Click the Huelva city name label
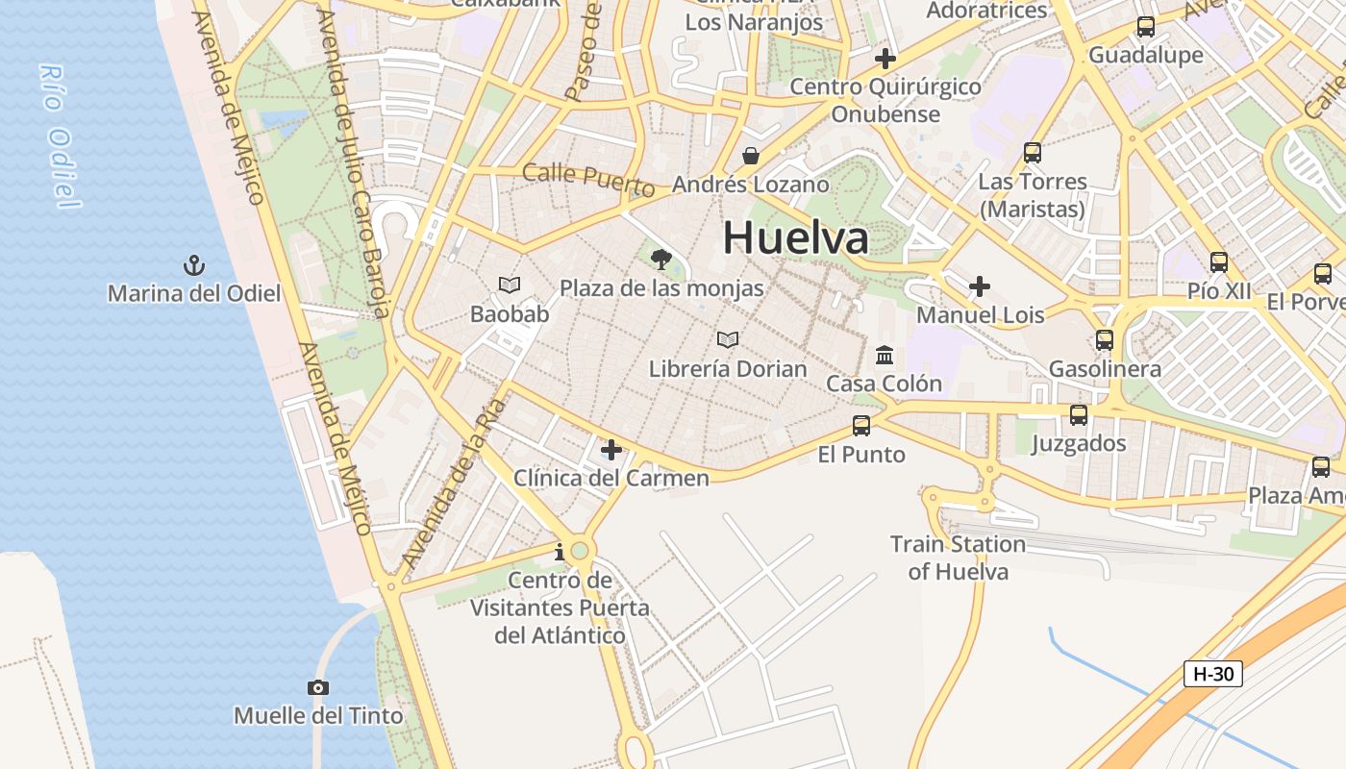point(796,237)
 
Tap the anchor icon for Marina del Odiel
point(194,265)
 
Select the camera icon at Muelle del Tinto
point(318,687)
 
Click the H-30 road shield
point(1212,674)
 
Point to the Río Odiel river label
point(60,135)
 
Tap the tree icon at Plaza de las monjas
point(661,259)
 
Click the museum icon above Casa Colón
point(885,356)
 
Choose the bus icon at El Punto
point(861,426)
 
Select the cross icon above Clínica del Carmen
point(611,450)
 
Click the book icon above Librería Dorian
point(728,340)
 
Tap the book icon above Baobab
point(510,285)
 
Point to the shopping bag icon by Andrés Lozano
point(750,156)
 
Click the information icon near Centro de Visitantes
point(560,553)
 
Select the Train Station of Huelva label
point(958,558)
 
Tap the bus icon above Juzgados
point(1079,415)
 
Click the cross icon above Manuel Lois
point(980,286)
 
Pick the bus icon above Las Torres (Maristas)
point(1033,153)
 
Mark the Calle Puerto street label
point(588,179)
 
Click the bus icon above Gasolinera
point(1105,340)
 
